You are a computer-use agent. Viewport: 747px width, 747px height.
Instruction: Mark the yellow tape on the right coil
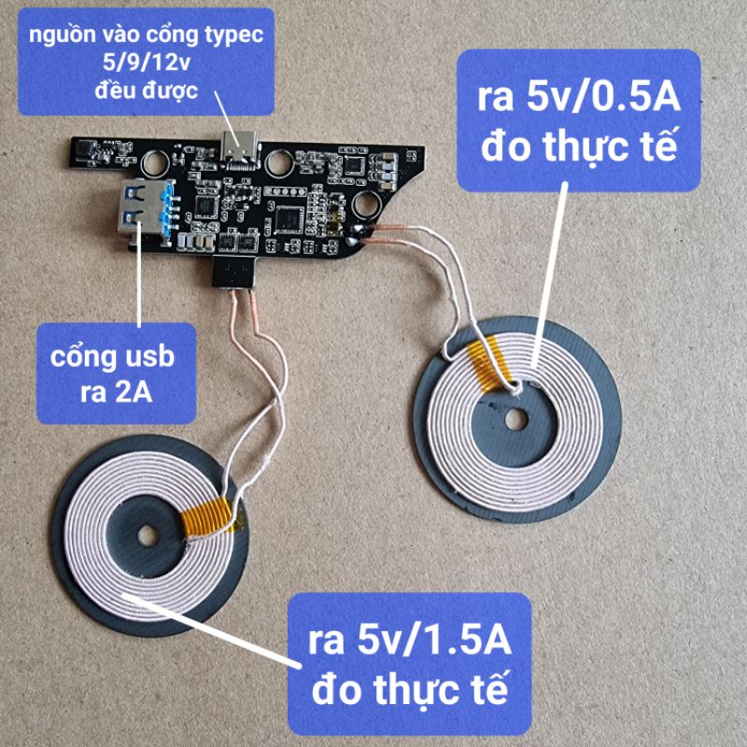click(x=487, y=366)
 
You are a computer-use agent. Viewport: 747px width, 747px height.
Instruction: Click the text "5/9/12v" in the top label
click(x=146, y=63)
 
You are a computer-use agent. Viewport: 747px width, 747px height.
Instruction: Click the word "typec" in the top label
click(x=228, y=36)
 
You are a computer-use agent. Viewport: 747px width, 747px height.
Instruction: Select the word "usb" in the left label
click(x=145, y=358)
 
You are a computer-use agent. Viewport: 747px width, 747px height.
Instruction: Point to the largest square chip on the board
click(x=287, y=217)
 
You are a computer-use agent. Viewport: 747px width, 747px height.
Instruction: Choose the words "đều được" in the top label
click(x=146, y=91)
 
